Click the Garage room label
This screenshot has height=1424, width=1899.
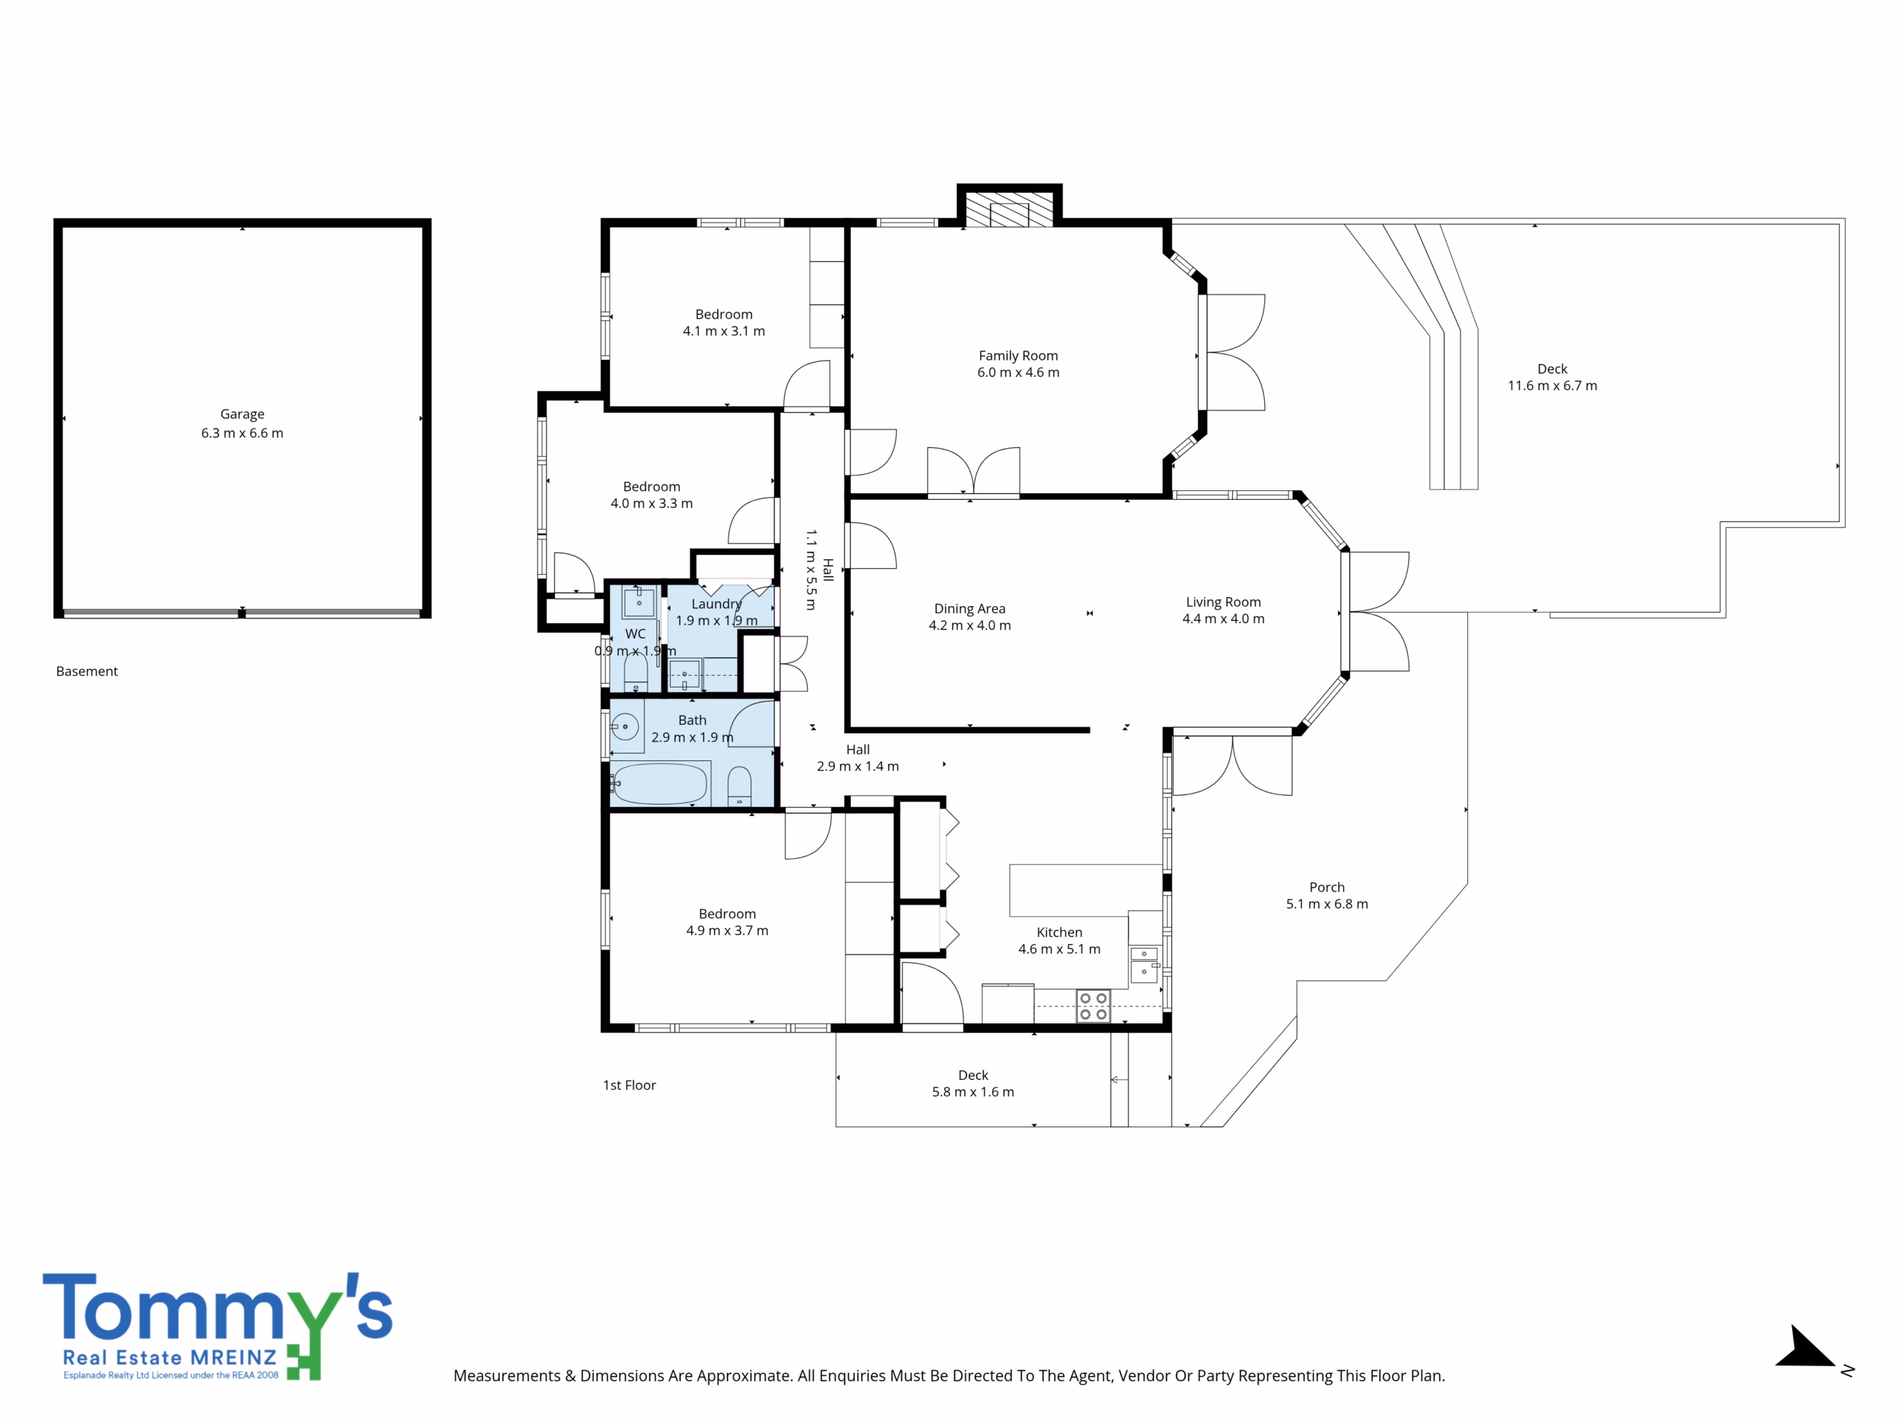242,414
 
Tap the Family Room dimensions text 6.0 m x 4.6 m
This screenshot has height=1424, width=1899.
1018,372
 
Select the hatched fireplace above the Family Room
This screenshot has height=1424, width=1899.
1010,208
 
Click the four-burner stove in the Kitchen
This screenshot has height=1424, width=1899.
1093,1006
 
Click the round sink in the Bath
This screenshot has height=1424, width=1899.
626,727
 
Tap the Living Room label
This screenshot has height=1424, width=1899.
1223,602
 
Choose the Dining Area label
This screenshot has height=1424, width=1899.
970,609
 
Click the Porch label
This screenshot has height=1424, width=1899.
1327,888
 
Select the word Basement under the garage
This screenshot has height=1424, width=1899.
87,671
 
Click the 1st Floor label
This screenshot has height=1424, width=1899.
629,1085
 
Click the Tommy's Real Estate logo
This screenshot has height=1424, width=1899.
217,1326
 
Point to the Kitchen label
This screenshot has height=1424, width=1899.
1059,932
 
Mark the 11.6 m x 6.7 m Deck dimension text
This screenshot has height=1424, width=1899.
1552,386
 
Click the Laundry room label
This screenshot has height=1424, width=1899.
717,604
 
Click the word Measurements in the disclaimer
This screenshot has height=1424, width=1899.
507,1376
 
